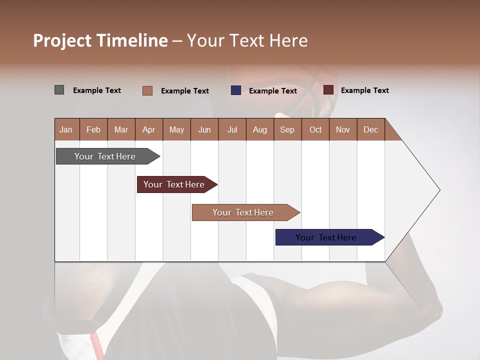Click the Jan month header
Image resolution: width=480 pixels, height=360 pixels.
(66, 129)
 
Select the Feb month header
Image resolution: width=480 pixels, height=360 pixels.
(93, 129)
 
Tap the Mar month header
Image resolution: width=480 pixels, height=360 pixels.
(121, 129)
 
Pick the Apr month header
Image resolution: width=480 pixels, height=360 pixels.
(149, 129)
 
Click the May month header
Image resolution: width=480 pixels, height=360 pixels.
(176, 129)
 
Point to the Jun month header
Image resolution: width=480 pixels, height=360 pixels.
(204, 129)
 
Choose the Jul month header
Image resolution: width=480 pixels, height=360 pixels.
(232, 129)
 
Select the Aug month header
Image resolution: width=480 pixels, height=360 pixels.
(260, 129)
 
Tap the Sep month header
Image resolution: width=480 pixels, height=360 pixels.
(287, 129)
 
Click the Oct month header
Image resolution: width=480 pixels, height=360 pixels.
(315, 129)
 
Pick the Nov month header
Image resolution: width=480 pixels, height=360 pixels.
(343, 129)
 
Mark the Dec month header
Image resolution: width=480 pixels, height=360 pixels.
(371, 129)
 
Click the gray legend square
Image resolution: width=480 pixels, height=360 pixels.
(59, 90)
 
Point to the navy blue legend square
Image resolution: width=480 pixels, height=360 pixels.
(236, 90)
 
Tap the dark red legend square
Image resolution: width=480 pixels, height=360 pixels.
(328, 90)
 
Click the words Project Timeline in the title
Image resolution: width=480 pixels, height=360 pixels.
(100, 40)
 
